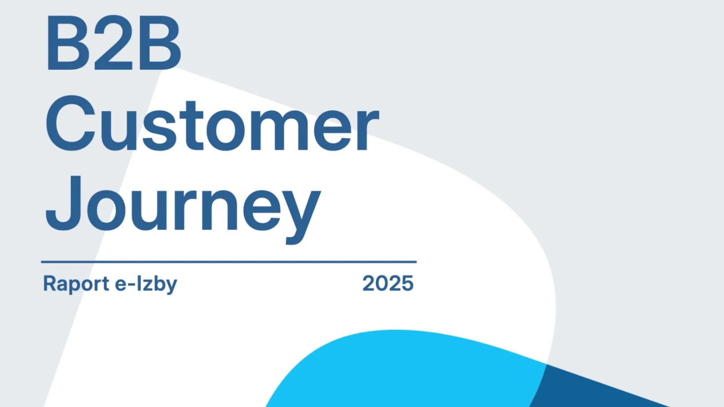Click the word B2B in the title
coord(114,43)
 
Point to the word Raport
coord(76,283)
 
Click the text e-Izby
coord(146,284)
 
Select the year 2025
coord(388,283)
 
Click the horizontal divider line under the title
coord(229,262)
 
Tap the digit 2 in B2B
coord(113,43)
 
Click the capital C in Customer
coord(71,123)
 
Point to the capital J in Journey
coord(64,203)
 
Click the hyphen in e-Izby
coord(132,285)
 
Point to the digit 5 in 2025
coord(408,283)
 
